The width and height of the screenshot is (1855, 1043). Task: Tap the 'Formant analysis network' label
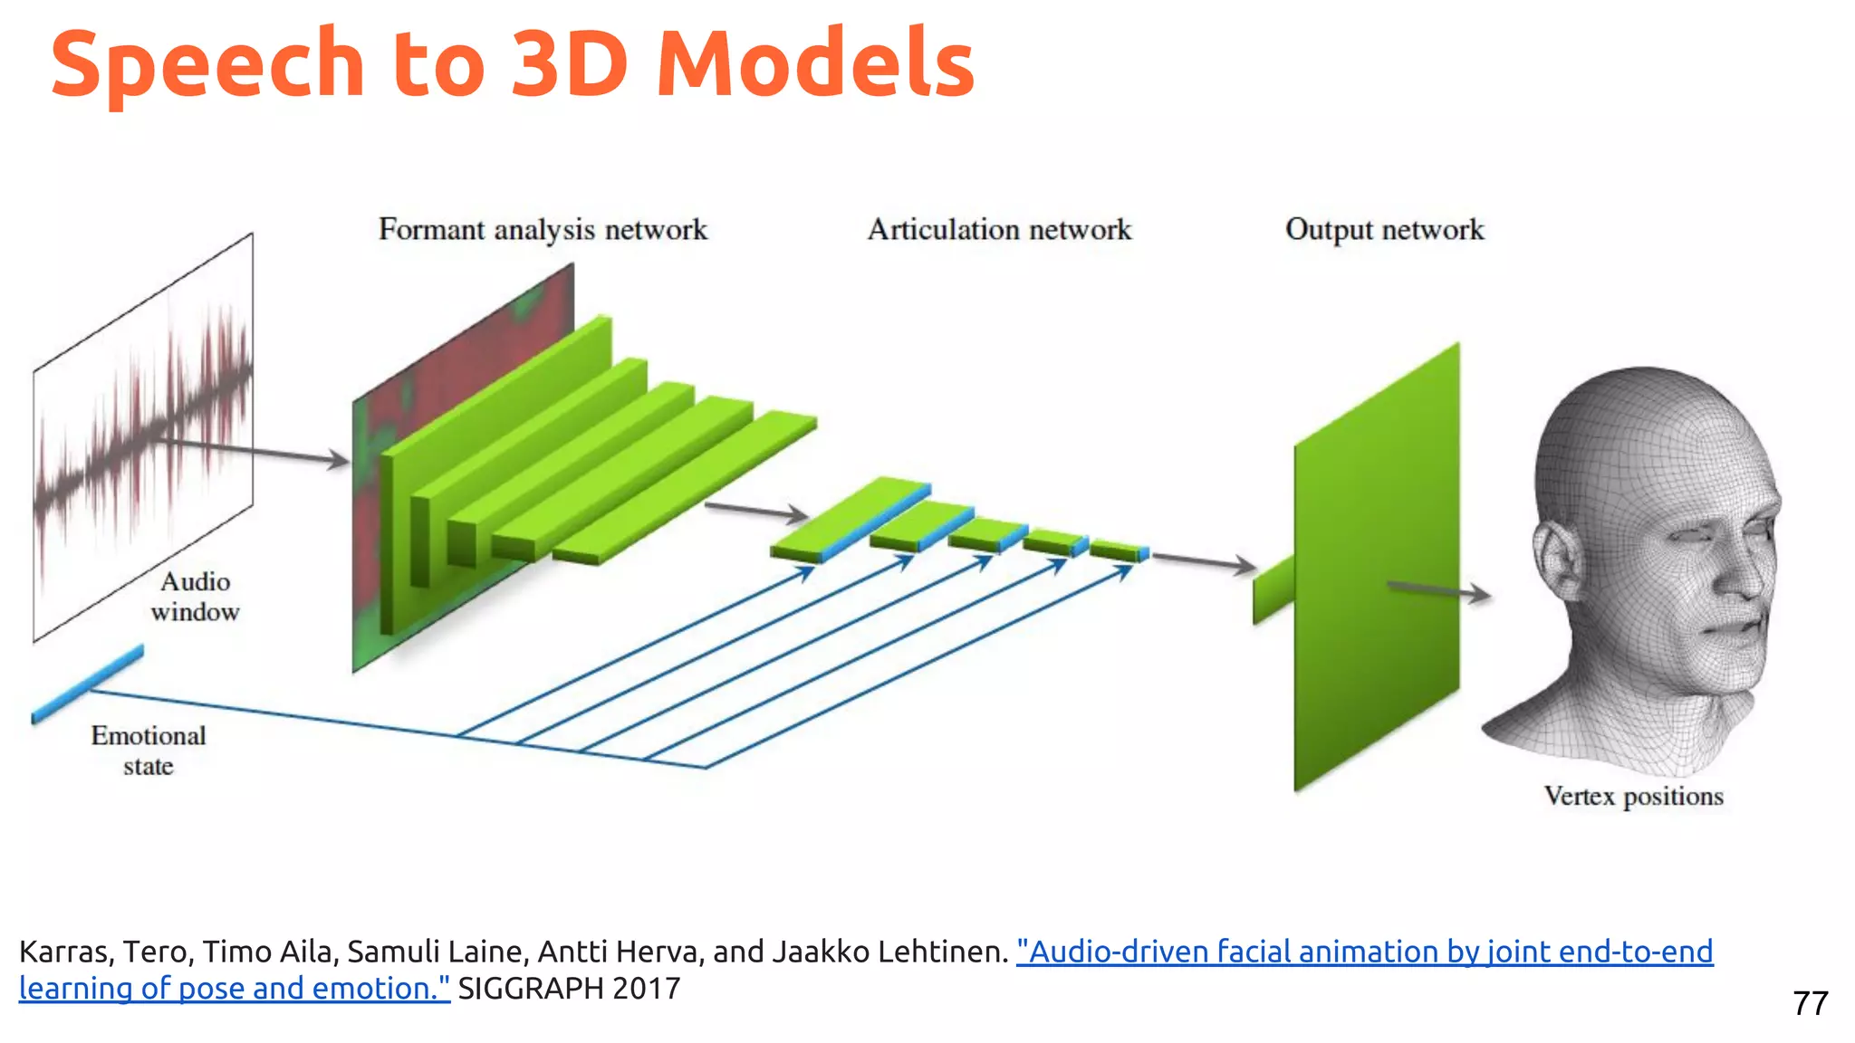543,230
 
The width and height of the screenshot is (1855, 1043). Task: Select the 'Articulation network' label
999,230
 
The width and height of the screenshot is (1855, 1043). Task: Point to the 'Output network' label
1384,230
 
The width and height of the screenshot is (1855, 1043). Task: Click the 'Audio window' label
195,597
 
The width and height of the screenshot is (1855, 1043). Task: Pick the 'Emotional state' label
149,751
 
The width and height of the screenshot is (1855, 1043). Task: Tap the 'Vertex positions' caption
1633,797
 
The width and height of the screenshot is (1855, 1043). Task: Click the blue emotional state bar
88,684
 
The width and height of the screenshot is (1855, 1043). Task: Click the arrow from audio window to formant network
254,449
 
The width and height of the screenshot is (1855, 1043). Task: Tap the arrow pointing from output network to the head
1440,590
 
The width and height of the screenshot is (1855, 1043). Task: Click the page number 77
1810,1003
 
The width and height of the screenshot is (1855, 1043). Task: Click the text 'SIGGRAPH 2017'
569,989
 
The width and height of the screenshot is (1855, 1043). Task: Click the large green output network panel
1377,570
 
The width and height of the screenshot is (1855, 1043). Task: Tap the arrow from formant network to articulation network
756,512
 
